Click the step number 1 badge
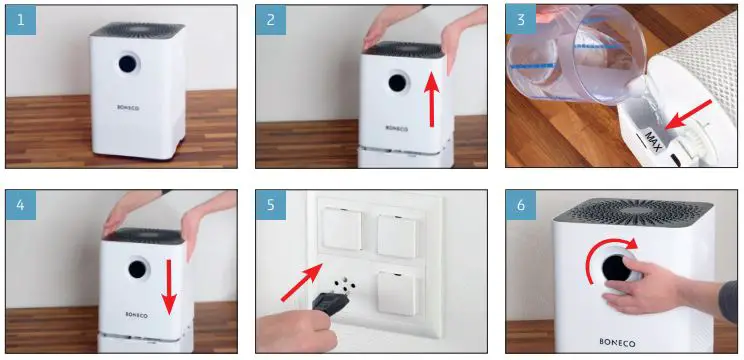point(21,20)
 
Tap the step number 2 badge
point(271,20)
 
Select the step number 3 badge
point(521,19)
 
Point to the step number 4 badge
point(21,205)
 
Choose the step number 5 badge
point(271,205)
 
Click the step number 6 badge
point(521,205)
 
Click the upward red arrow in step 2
point(431,99)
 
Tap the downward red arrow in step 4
point(168,287)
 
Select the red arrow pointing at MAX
point(688,114)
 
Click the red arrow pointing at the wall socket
point(301,283)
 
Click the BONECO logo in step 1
point(128,107)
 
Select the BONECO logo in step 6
point(617,342)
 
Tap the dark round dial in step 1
point(128,64)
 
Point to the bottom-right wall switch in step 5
point(397,294)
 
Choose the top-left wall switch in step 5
point(342,229)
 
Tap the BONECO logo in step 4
point(137,314)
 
